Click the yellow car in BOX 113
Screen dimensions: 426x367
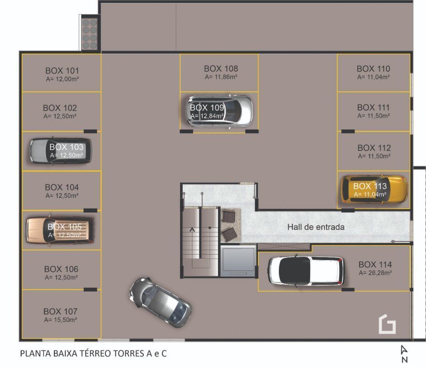pos(375,189)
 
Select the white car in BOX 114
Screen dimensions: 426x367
pos(306,271)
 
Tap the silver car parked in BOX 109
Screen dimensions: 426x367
pos(219,111)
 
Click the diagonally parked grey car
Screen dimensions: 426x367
pos(161,302)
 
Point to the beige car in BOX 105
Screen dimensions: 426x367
pos(60,230)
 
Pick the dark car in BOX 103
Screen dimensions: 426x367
pos(60,150)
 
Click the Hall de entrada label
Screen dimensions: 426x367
pos(316,227)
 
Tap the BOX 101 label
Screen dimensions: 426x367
pos(62,71)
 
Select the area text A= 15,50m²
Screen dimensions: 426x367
pos(60,320)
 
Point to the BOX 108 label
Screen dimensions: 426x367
pos(221,68)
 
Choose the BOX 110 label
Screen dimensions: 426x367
pos(373,68)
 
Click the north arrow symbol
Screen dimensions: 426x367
pos(404,354)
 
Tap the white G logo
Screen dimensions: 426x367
pos(387,324)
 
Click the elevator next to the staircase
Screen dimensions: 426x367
pos(238,261)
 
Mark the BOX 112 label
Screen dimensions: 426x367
pos(374,148)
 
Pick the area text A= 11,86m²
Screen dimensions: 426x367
pos(221,77)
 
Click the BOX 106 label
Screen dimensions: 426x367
pos(61,269)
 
